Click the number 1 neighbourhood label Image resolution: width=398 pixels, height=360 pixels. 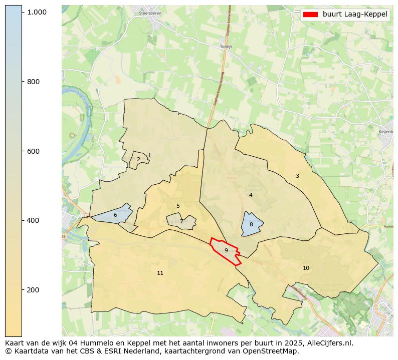(x=149, y=156)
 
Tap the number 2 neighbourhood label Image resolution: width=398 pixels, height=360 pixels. (x=138, y=160)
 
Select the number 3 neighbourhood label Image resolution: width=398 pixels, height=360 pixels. (x=297, y=176)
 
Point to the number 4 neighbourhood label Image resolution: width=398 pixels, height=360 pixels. (x=251, y=195)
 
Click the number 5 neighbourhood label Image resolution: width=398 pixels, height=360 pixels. (x=178, y=206)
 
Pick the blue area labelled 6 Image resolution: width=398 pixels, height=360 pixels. (x=115, y=215)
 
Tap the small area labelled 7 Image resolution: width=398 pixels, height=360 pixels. (x=181, y=221)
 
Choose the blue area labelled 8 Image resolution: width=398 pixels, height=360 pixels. (x=251, y=225)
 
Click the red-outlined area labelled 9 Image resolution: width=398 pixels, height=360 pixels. (x=226, y=250)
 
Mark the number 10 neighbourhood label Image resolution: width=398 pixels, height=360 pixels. (x=306, y=268)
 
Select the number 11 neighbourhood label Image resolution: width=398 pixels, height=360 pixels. (x=160, y=273)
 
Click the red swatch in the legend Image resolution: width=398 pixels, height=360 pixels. (x=311, y=15)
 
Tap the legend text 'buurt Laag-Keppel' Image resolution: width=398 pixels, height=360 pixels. (x=355, y=15)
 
